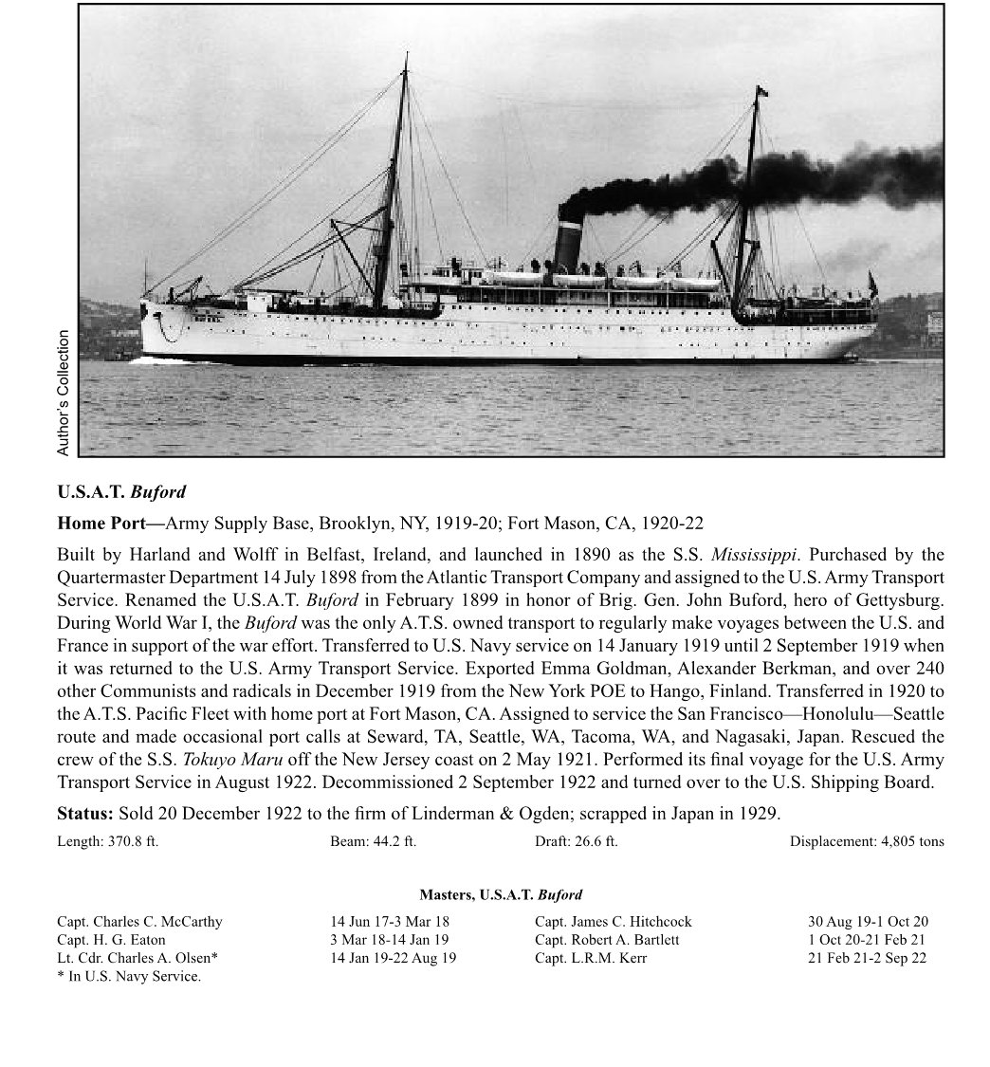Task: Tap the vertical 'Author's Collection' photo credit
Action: tap(64, 393)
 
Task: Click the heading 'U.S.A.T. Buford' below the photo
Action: tap(121, 492)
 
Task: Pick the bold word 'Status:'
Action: tap(85, 814)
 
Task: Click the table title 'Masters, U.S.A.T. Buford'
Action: tap(501, 894)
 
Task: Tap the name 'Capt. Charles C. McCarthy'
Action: tap(139, 922)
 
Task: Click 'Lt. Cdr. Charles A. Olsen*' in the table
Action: tap(137, 958)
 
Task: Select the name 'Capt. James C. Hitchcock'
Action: tap(613, 922)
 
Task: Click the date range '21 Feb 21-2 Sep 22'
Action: tap(867, 958)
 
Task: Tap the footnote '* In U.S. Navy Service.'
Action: tap(129, 976)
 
